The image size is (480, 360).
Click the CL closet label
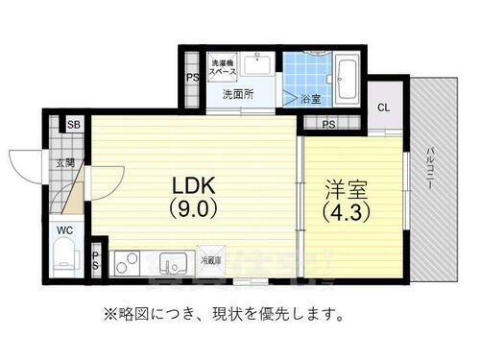383,108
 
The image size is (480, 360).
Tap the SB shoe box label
73,125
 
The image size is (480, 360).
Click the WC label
62,230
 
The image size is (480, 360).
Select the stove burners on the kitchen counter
127,261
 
